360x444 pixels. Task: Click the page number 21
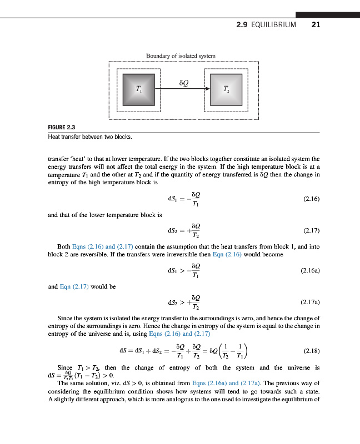(x=316, y=26)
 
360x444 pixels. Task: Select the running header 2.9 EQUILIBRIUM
(x=266, y=26)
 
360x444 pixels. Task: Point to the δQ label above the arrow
(x=184, y=82)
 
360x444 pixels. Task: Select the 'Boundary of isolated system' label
(x=181, y=56)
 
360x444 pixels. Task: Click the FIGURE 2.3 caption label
(x=62, y=128)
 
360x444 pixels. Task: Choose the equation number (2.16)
(x=311, y=198)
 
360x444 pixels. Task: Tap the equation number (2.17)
(x=311, y=229)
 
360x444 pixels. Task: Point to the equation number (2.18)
(x=311, y=351)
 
